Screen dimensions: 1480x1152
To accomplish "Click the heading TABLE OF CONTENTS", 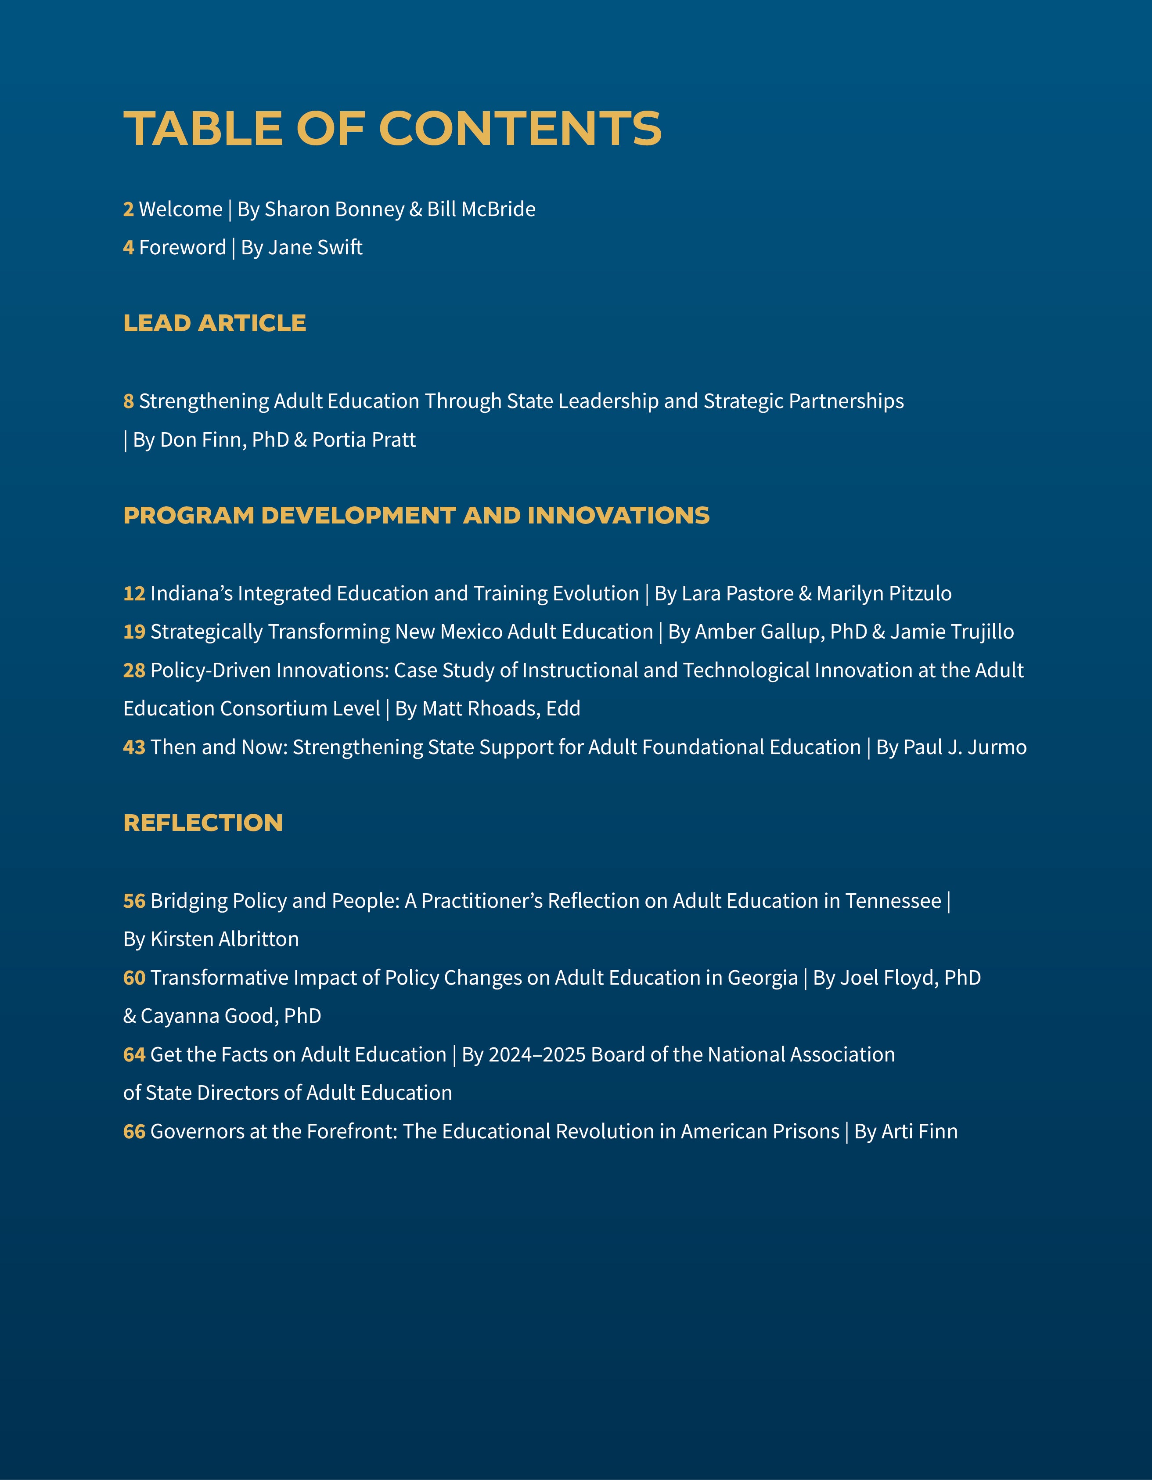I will pyautogui.click(x=392, y=128).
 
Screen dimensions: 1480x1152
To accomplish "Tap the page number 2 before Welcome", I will pyautogui.click(x=128, y=209).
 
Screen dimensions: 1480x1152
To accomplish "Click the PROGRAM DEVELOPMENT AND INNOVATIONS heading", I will pyautogui.click(x=416, y=516).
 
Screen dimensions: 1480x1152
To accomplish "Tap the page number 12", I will pyautogui.click(x=134, y=594).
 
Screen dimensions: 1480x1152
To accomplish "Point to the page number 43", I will pyautogui.click(x=134, y=747).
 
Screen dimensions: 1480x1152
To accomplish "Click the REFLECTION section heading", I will pyautogui.click(x=202, y=823).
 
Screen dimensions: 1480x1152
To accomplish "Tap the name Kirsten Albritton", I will pyautogui.click(x=224, y=939).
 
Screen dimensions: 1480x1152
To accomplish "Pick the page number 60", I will pyautogui.click(x=134, y=978).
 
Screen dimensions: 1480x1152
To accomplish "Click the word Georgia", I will pyautogui.click(x=762, y=978).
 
